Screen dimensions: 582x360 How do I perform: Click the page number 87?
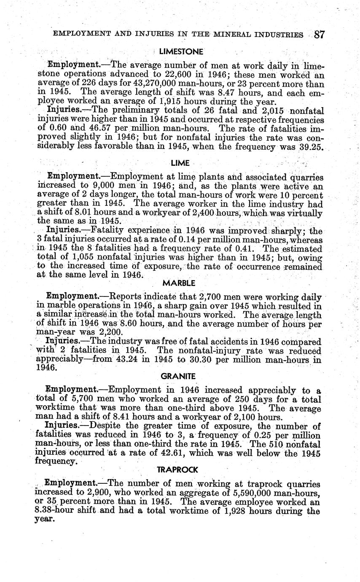tap(319, 34)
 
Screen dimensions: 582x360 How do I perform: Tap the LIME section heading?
tap(180, 163)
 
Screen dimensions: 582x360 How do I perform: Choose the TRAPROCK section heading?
tap(177, 469)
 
